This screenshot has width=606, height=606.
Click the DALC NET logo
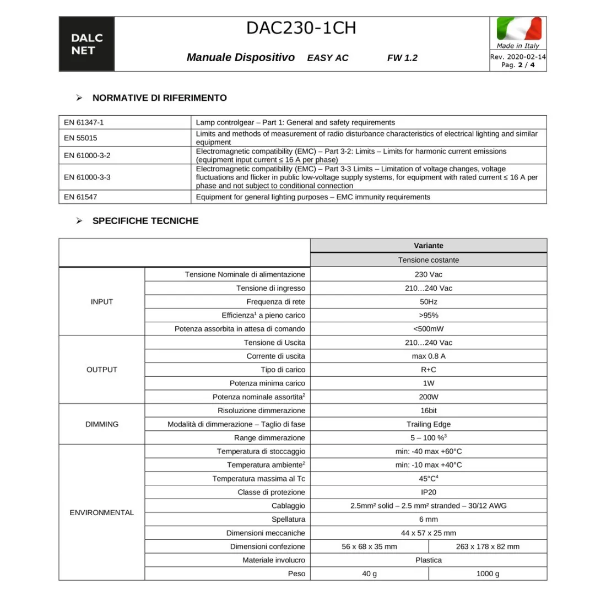click(x=86, y=44)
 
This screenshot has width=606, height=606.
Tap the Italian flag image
click(x=518, y=29)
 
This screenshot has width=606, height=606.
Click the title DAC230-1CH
click(x=301, y=28)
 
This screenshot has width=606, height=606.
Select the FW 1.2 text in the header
click(x=402, y=58)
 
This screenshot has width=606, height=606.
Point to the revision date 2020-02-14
click(x=526, y=57)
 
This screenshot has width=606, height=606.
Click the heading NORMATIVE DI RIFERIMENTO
click(x=159, y=98)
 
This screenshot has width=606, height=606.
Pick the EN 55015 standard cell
click(x=80, y=138)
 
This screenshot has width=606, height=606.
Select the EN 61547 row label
click(x=80, y=197)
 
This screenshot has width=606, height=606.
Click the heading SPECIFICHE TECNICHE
click(x=145, y=221)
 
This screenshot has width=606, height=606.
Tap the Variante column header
click(x=428, y=246)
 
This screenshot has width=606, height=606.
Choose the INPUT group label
click(x=102, y=301)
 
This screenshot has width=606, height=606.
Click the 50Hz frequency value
click(x=428, y=301)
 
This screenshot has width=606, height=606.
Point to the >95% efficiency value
click(x=428, y=315)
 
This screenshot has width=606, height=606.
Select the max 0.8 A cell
click(x=428, y=356)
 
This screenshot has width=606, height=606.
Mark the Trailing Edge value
click(x=428, y=424)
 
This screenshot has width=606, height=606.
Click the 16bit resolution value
click(x=428, y=410)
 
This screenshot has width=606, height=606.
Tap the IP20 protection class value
click(x=428, y=492)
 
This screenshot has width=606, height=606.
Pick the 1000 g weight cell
click(x=488, y=573)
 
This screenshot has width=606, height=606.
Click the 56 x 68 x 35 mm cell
click(x=369, y=547)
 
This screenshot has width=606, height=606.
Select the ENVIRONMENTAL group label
click(x=102, y=512)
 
